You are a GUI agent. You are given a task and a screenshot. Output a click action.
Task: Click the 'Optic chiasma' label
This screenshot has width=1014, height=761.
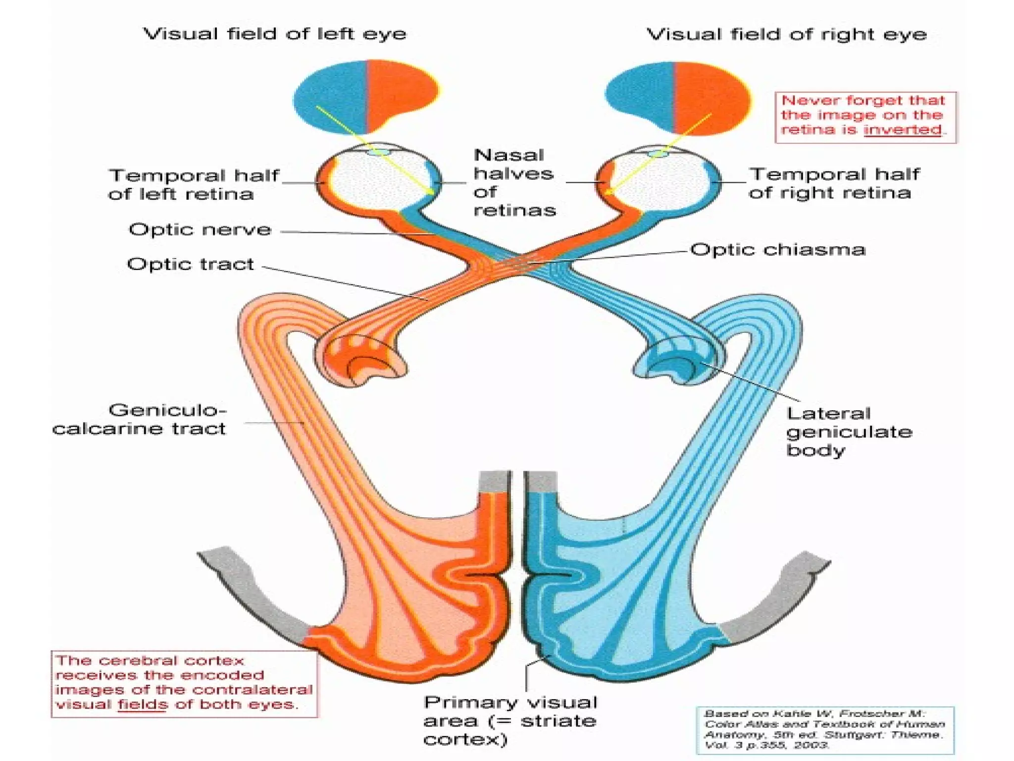click(778, 250)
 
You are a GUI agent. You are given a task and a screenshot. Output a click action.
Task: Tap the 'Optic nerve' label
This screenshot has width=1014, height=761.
click(200, 230)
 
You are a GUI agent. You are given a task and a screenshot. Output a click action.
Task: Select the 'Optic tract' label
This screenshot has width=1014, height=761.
click(191, 264)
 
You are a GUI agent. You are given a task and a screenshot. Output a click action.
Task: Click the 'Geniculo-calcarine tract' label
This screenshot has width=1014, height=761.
click(140, 419)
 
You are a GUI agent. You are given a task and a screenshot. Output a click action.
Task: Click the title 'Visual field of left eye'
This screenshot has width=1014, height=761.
click(275, 34)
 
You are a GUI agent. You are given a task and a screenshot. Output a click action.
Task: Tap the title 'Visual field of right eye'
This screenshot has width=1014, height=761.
click(786, 35)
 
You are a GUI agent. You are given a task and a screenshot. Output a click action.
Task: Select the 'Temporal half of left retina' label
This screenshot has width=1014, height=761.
click(193, 184)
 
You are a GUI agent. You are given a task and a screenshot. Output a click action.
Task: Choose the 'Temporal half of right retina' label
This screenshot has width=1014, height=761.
click(834, 183)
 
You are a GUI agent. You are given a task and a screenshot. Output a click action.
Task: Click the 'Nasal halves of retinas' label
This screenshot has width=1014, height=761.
click(514, 183)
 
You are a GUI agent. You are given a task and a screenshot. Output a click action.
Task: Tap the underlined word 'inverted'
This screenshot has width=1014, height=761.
click(902, 130)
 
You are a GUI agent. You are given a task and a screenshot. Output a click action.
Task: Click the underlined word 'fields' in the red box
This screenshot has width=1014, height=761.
click(142, 705)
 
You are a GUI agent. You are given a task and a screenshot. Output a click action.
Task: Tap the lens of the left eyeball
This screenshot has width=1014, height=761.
click(379, 152)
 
